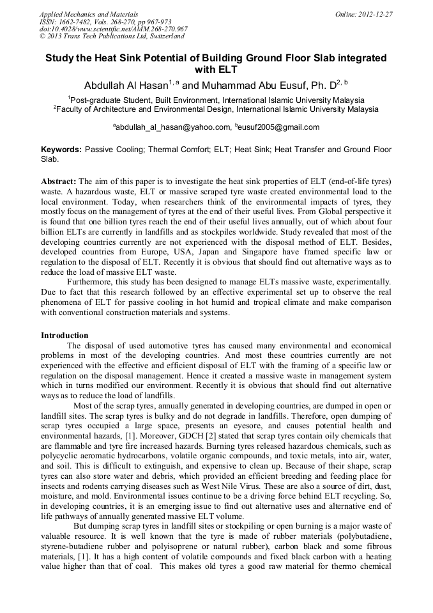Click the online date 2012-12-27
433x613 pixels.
[375, 13]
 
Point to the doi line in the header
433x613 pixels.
[113, 29]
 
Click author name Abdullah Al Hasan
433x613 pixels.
[125, 85]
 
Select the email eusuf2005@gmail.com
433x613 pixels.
[280, 127]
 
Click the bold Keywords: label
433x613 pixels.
[61, 149]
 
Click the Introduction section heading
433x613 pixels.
[65, 335]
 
